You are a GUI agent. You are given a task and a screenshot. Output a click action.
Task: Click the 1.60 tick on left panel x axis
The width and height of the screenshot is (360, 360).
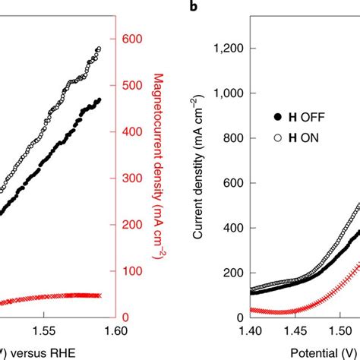pyautogui.click(x=115, y=330)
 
